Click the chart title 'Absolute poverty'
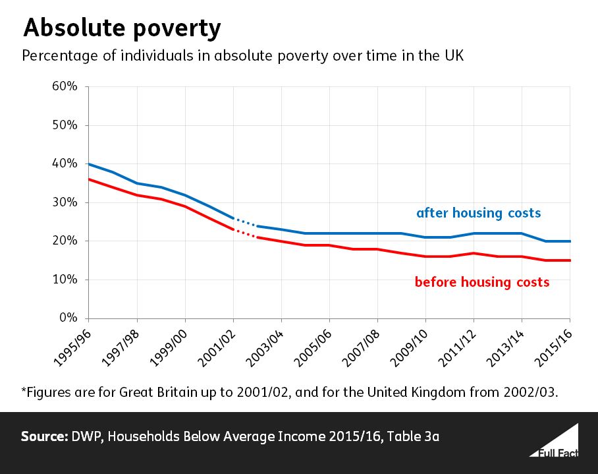pyautogui.click(x=121, y=28)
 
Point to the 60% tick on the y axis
pyautogui.click(x=65, y=86)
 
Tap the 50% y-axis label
pyautogui.click(x=65, y=125)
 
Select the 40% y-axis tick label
pyautogui.click(x=65, y=164)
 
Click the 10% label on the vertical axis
pyautogui.click(x=65, y=280)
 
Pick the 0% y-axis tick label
pyautogui.click(x=68, y=318)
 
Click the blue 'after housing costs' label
pyautogui.click(x=478, y=213)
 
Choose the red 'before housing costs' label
pyautogui.click(x=481, y=282)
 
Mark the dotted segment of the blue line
pyautogui.click(x=244, y=222)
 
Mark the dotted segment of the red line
pyautogui.click(x=244, y=233)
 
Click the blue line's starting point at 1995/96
pyautogui.click(x=89, y=164)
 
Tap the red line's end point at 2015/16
pyautogui.click(x=570, y=260)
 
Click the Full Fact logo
pyautogui.click(x=553, y=441)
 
